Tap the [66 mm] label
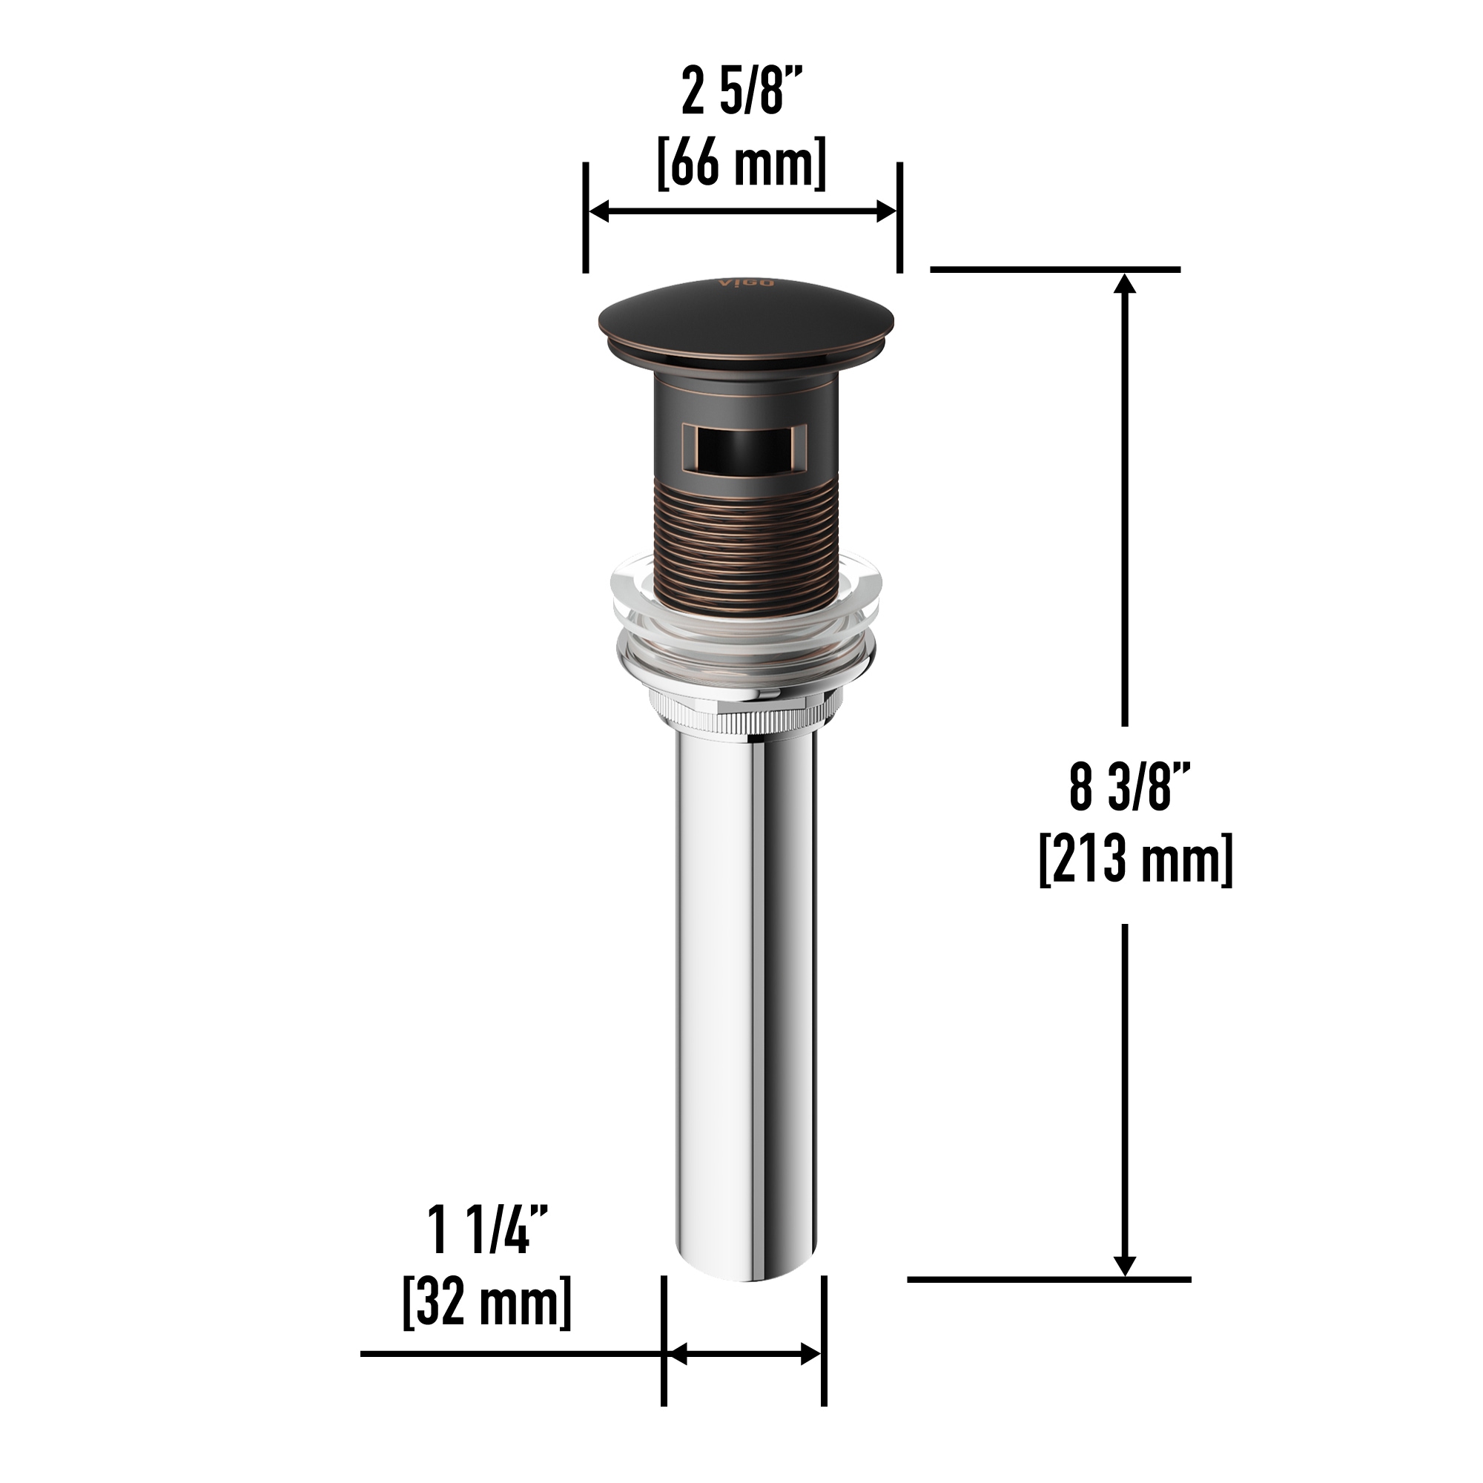[741, 162]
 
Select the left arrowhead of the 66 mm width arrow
[599, 212]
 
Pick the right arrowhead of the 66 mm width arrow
[886, 212]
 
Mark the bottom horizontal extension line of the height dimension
[1048, 1280]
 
